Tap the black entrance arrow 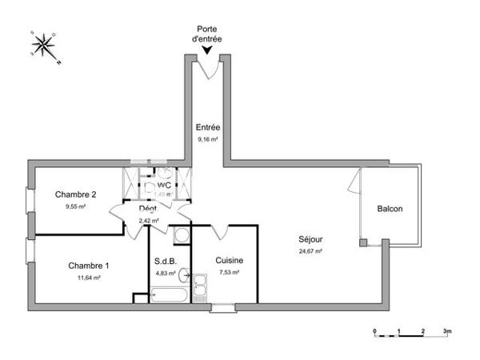point(208,50)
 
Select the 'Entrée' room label point(208,127)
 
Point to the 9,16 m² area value point(208,138)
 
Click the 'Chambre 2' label point(76,194)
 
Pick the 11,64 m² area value point(88,278)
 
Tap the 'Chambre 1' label point(88,266)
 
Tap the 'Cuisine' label point(229,260)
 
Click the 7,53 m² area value point(229,272)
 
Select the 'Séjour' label point(311,238)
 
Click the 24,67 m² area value point(311,250)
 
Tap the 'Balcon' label point(390,210)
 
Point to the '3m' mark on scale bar point(447,330)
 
